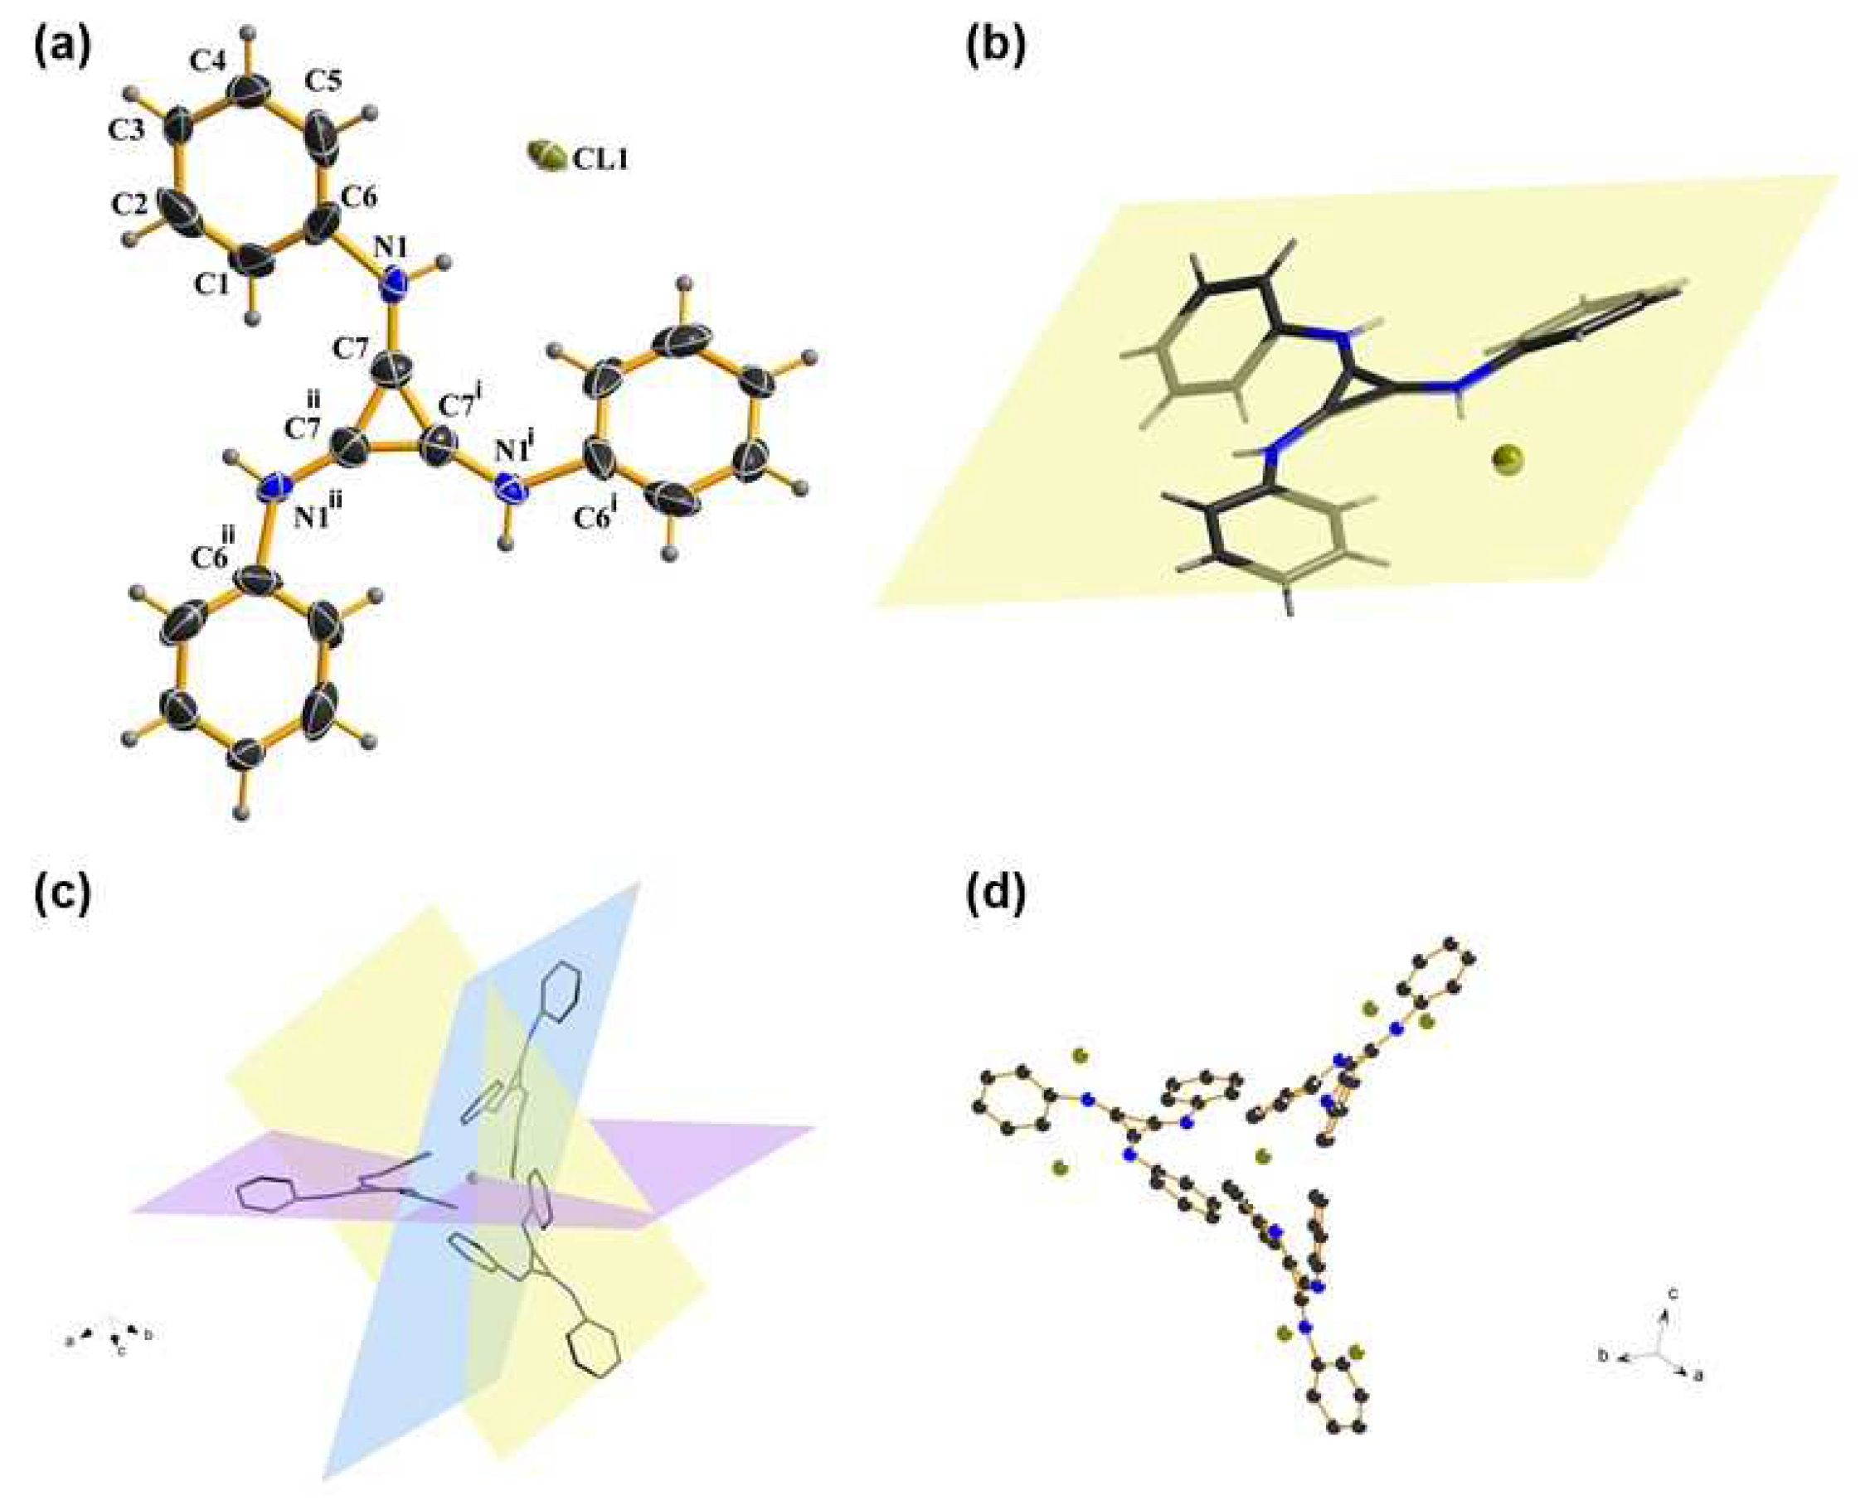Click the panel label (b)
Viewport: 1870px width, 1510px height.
tap(995, 48)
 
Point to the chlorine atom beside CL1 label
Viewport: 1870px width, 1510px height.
tap(546, 157)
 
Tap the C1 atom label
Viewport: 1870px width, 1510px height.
tap(211, 283)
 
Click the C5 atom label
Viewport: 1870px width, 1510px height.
tap(322, 81)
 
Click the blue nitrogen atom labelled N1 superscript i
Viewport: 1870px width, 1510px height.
tap(512, 489)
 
